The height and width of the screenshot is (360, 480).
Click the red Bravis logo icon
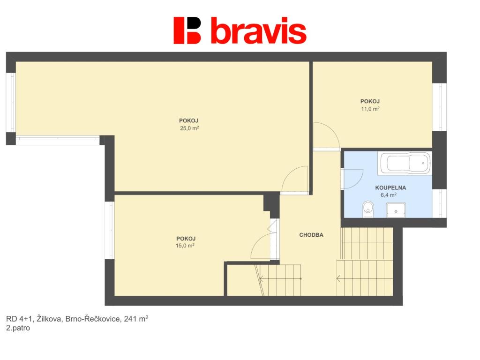(x=187, y=30)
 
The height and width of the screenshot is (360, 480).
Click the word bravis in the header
(x=259, y=30)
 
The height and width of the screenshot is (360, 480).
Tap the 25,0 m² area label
(x=189, y=128)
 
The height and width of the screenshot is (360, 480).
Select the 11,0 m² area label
(x=370, y=109)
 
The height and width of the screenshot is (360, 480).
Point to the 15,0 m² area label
(x=185, y=246)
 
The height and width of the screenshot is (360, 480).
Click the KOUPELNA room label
(x=390, y=187)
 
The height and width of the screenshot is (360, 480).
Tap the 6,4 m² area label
(x=389, y=195)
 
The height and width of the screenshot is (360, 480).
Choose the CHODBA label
(x=311, y=235)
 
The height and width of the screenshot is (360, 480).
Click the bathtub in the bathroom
(x=405, y=163)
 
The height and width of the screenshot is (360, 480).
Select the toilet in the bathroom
(x=367, y=210)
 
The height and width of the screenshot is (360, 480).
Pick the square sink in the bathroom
(x=396, y=210)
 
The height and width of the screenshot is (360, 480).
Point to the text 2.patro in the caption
(x=18, y=328)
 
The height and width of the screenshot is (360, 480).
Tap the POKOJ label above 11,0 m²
(x=370, y=101)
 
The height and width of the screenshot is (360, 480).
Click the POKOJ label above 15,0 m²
(x=186, y=239)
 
